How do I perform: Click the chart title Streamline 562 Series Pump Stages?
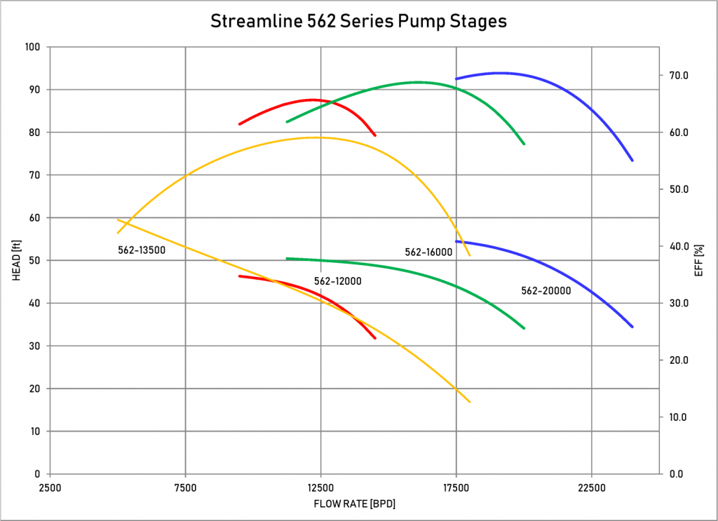358,22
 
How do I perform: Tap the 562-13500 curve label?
141,249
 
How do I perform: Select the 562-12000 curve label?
337,280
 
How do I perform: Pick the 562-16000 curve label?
428,252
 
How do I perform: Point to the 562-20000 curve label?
546,290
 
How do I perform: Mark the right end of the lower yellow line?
470,402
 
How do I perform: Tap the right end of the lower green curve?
524,328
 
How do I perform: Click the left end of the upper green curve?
287,122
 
